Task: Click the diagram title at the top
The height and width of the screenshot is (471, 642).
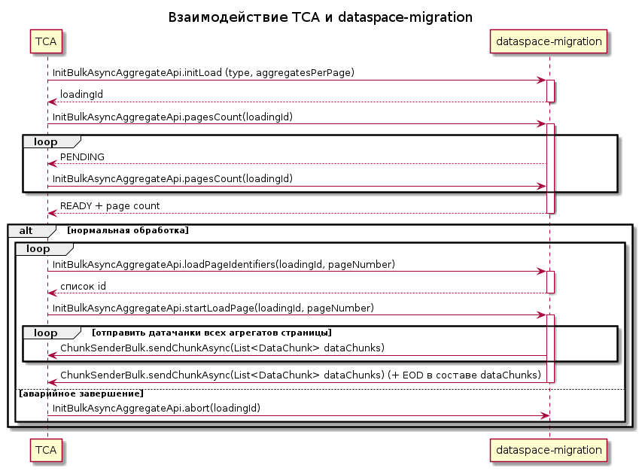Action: (321, 17)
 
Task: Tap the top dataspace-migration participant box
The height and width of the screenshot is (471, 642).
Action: (549, 41)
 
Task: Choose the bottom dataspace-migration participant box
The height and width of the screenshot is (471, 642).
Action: (549, 449)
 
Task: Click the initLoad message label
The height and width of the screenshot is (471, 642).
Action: (203, 73)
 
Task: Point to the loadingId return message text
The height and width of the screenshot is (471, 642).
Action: (81, 95)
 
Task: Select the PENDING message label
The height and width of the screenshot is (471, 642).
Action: (82, 156)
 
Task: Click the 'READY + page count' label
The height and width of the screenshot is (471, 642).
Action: (109, 205)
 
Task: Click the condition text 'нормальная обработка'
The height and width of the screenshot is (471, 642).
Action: (128, 230)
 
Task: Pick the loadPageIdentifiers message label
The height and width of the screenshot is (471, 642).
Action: (224, 264)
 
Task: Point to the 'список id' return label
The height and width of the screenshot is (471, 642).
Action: (83, 286)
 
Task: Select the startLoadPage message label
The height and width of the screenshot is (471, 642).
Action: (213, 308)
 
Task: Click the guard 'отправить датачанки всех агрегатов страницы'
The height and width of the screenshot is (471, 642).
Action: (211, 333)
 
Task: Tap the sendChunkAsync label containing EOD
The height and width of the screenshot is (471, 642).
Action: (300, 375)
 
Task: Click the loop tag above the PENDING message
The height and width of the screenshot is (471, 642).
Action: (45, 141)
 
